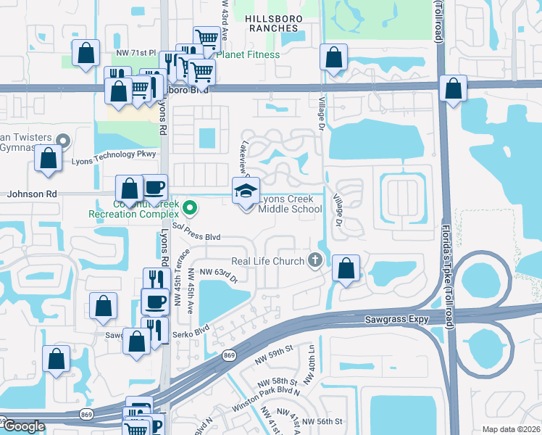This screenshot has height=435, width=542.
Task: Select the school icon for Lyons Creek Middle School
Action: tap(246, 192)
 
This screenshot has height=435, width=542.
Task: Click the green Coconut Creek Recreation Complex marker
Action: tap(190, 208)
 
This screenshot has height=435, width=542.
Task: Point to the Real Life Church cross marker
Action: tap(314, 260)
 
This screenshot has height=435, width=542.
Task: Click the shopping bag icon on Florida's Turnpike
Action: tap(452, 89)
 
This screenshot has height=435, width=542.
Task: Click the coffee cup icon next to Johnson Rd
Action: tap(154, 188)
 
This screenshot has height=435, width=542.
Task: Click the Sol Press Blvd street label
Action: tap(191, 237)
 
